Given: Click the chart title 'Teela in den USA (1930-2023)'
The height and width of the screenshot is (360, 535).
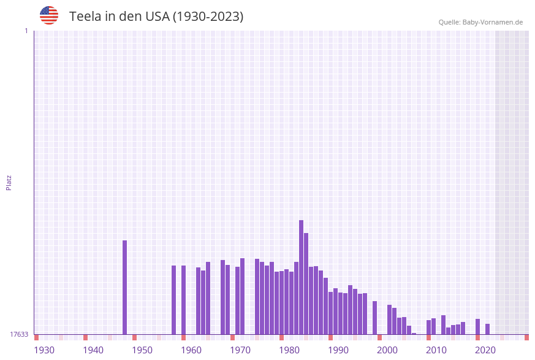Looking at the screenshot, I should [x=156, y=17].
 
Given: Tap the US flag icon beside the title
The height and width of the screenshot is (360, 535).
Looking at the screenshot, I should [x=49, y=15].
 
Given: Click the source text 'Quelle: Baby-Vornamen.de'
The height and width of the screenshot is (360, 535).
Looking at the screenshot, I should [x=480, y=22].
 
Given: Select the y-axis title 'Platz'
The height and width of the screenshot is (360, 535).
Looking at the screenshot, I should [x=9, y=182].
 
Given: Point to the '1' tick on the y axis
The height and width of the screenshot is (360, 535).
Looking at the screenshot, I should [x=26, y=31].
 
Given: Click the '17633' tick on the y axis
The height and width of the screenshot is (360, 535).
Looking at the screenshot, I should [x=19, y=334].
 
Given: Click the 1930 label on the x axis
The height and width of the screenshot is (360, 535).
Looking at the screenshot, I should [x=44, y=350].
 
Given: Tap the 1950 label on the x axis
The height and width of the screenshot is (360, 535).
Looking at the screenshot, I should [x=142, y=350].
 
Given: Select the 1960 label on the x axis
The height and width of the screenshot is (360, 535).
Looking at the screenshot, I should [x=191, y=350].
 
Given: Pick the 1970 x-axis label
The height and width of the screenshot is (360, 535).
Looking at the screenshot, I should [x=240, y=350].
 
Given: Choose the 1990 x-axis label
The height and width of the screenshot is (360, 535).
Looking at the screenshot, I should [x=338, y=350].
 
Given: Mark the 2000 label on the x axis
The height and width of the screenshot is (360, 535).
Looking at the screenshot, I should [x=387, y=350].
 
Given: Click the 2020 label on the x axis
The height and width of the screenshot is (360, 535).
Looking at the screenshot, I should [x=485, y=350].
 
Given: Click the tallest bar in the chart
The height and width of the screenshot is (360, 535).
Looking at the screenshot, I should [x=301, y=277].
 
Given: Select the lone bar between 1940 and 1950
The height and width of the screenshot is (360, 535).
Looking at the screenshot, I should [x=124, y=287].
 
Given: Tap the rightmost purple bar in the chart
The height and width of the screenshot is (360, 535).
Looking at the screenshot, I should [x=487, y=329].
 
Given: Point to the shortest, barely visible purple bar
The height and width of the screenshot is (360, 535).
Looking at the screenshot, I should [x=414, y=334].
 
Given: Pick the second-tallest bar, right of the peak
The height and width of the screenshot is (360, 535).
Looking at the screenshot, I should [x=306, y=283].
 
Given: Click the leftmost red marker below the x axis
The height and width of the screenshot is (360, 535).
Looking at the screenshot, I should [x=36, y=337].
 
